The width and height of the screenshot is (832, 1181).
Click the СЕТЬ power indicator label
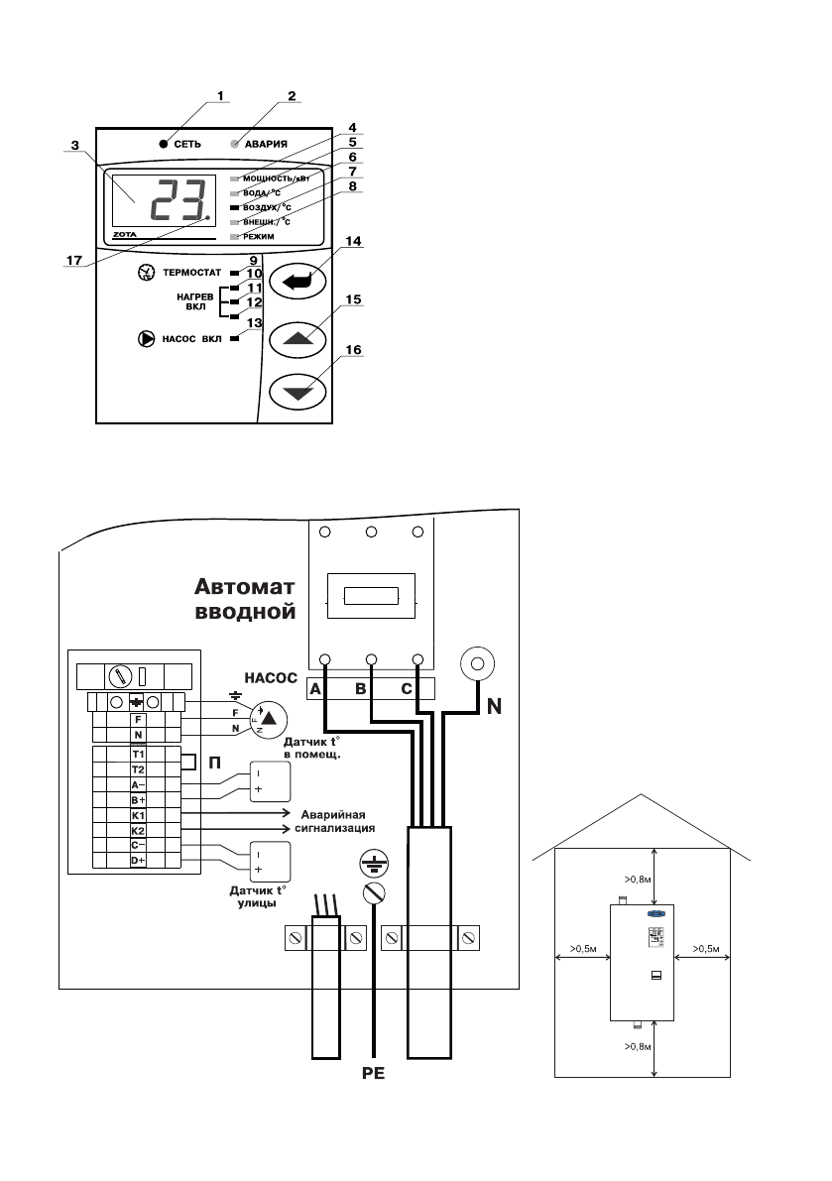(188, 144)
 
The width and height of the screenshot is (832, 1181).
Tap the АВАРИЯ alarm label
(267, 144)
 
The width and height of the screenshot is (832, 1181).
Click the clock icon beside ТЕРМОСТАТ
(147, 272)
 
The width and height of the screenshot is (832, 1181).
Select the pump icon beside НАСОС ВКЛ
(147, 339)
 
